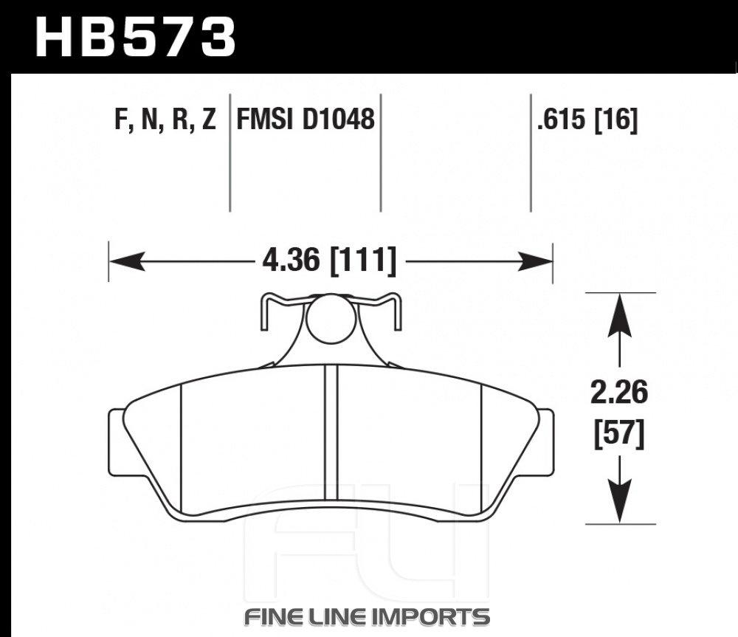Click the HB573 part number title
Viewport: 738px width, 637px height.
click(x=135, y=37)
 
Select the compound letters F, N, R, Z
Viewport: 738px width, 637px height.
click(x=165, y=119)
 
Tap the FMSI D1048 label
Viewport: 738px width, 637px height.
click(x=305, y=119)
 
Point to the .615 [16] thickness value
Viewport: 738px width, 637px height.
click(x=587, y=119)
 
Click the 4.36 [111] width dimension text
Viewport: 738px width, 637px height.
click(x=329, y=261)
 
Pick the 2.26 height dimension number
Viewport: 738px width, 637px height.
click(x=619, y=393)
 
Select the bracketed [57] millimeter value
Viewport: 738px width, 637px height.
click(x=619, y=433)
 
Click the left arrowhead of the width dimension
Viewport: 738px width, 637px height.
click(x=127, y=261)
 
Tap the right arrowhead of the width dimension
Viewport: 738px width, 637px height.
click(x=534, y=261)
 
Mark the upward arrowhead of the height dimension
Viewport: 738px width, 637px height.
click(x=619, y=314)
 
